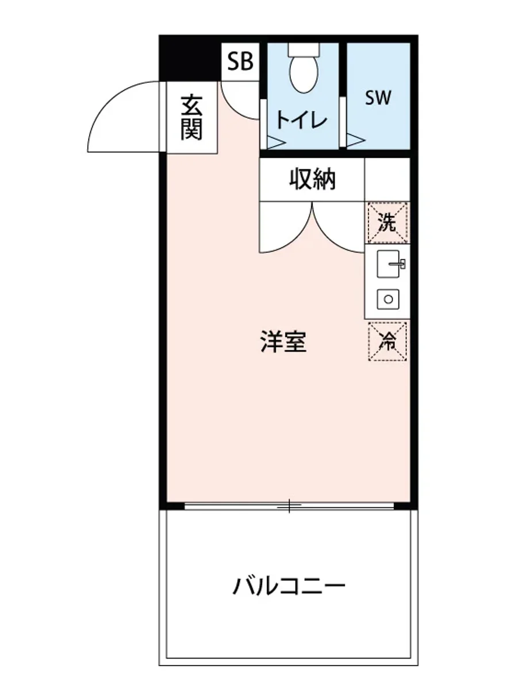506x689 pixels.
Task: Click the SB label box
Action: [240, 61]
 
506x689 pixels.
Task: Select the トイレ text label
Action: [301, 120]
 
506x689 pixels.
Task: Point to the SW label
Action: [378, 98]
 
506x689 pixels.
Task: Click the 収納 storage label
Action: [312, 180]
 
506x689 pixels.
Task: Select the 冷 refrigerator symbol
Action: [388, 342]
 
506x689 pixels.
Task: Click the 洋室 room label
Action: [283, 342]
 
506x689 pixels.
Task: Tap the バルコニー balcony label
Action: [289, 586]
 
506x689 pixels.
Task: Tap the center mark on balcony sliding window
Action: [290, 506]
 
